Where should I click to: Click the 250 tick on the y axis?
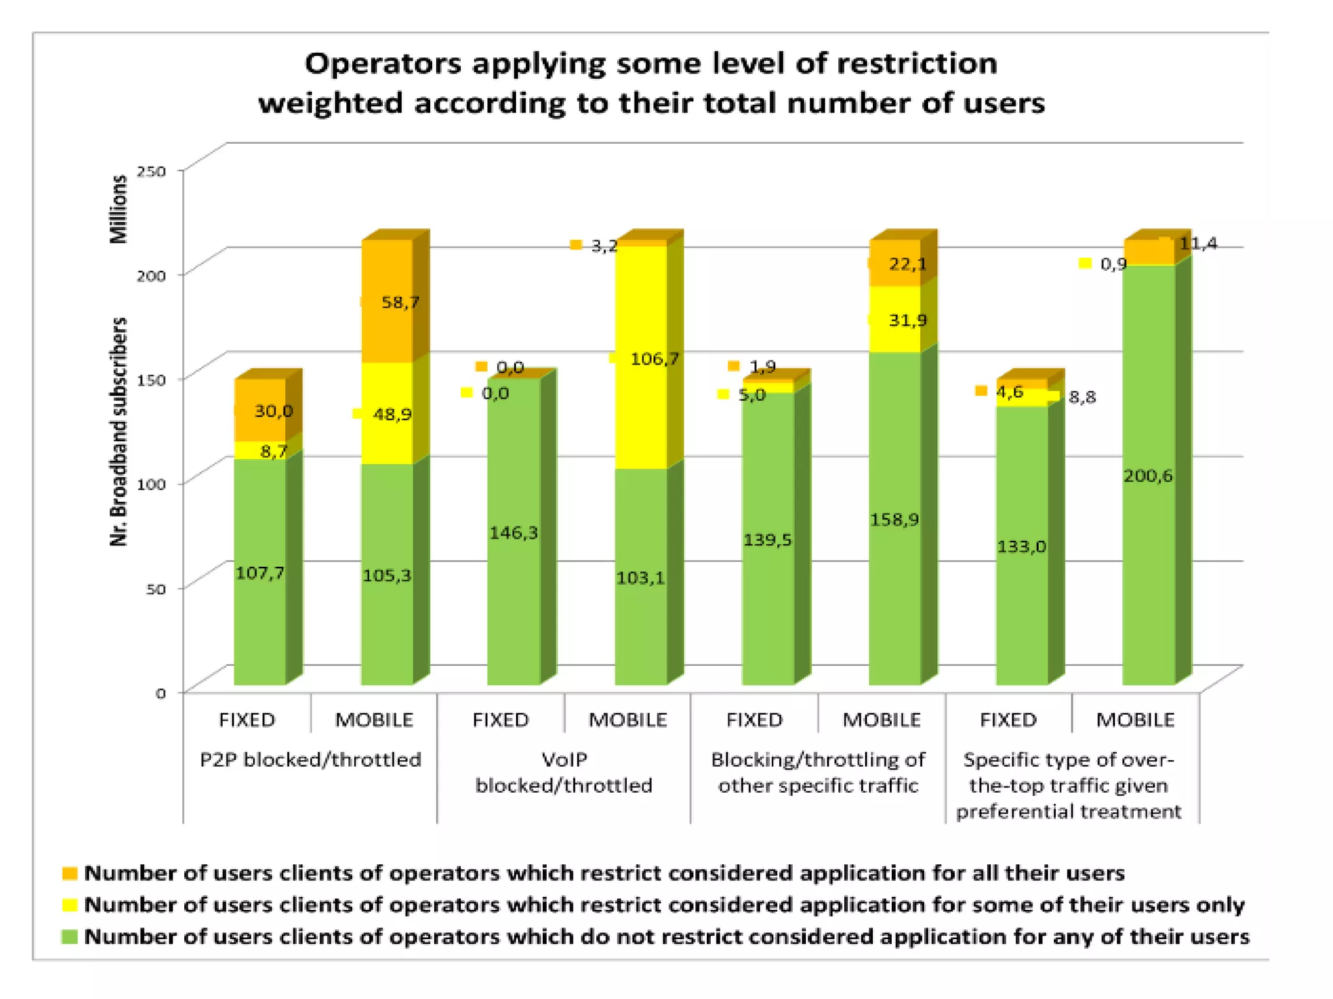click(151, 171)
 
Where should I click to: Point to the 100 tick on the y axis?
click(151, 484)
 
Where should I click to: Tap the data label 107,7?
click(260, 573)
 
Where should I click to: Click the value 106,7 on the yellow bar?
click(654, 359)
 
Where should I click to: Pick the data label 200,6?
click(1148, 476)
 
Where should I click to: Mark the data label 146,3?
click(514, 533)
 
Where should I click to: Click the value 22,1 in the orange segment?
click(907, 264)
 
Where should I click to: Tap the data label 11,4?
click(1198, 243)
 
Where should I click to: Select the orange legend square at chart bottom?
click(70, 873)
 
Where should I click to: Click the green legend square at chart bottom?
click(70, 937)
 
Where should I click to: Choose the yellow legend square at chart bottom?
click(70, 905)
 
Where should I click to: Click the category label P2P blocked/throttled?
click(310, 760)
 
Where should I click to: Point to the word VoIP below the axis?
click(564, 760)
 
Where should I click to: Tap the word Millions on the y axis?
click(118, 209)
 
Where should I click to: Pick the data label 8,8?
click(1082, 396)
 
